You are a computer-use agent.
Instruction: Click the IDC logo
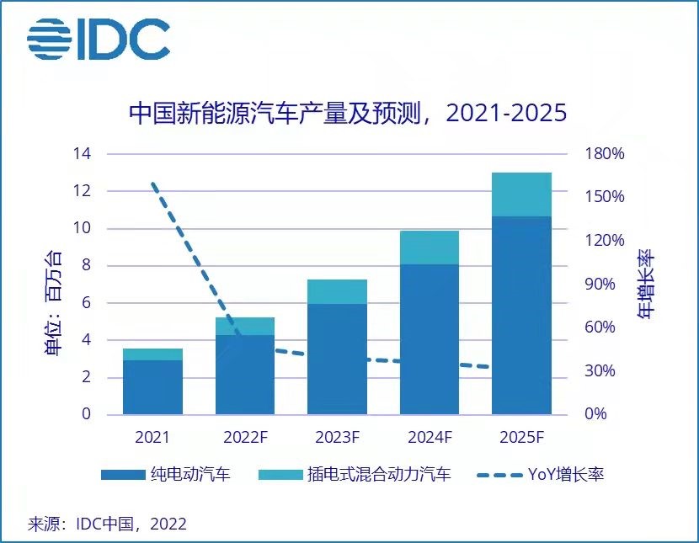[99, 39]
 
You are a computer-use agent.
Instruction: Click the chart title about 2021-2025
[347, 114]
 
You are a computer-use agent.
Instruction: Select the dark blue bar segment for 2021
[152, 387]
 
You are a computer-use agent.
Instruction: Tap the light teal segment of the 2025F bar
[521, 194]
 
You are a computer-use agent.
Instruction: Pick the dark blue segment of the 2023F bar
[337, 358]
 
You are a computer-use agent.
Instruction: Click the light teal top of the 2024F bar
[430, 248]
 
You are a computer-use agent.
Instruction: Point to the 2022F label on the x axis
[245, 437]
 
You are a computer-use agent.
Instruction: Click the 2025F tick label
[521, 437]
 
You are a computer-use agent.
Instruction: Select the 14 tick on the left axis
[82, 154]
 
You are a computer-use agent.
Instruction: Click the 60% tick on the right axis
[606, 327]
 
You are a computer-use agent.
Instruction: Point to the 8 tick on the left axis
[85, 266]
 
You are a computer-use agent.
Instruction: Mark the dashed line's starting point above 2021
[153, 183]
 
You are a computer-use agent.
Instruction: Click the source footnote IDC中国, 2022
[107, 524]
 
